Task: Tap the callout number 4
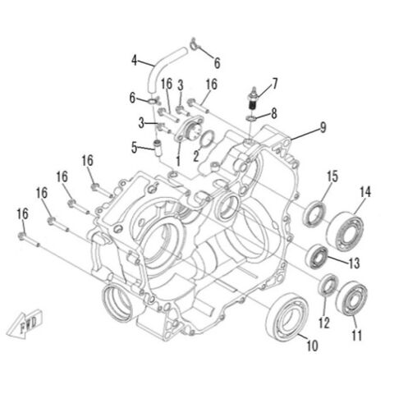point(132,59)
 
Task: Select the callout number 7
point(275,83)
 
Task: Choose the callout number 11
point(356,336)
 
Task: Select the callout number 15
point(332,176)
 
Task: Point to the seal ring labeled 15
point(315,215)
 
